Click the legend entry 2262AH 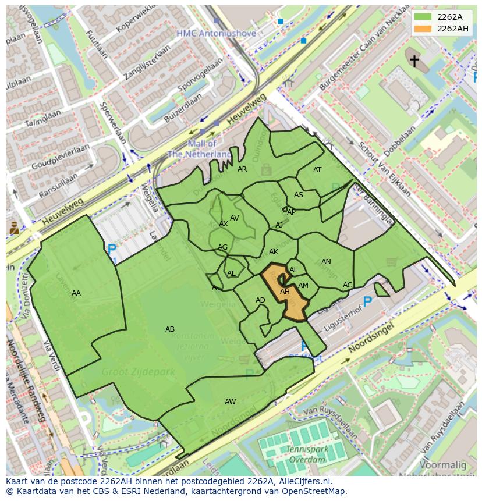[x=452, y=29]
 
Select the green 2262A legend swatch [x=423, y=17]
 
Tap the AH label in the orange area [x=285, y=292]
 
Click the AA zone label [x=76, y=293]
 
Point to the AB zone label [x=170, y=329]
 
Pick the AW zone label [x=230, y=402]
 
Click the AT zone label [x=317, y=170]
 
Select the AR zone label [x=242, y=169]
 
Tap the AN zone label [x=326, y=262]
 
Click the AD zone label [x=260, y=300]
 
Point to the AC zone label [x=348, y=285]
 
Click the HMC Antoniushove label [x=216, y=34]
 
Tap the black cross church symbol [x=414, y=61]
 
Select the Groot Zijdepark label [x=130, y=371]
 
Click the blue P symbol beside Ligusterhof [x=367, y=301]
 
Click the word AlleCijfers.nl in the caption [x=303, y=481]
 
